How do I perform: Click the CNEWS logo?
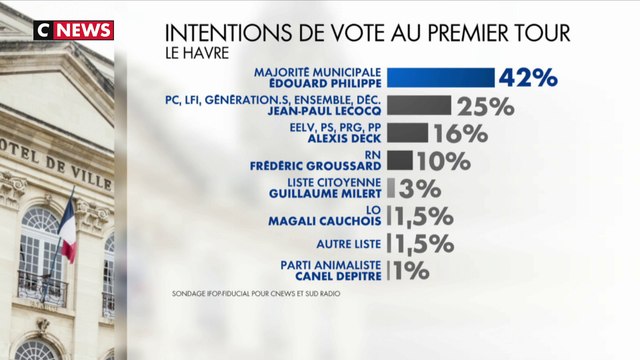pyautogui.click(x=72, y=29)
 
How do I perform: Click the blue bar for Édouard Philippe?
pyautogui.click(x=440, y=78)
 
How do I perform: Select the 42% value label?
pyautogui.click(x=527, y=79)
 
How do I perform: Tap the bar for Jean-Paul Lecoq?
pyautogui.click(x=419, y=105)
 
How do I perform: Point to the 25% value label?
pyautogui.click(x=485, y=106)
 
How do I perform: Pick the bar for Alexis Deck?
pyautogui.click(x=407, y=133)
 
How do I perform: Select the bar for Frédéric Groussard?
pyautogui.click(x=399, y=160)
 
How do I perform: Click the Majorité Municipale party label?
pyautogui.click(x=319, y=72)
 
